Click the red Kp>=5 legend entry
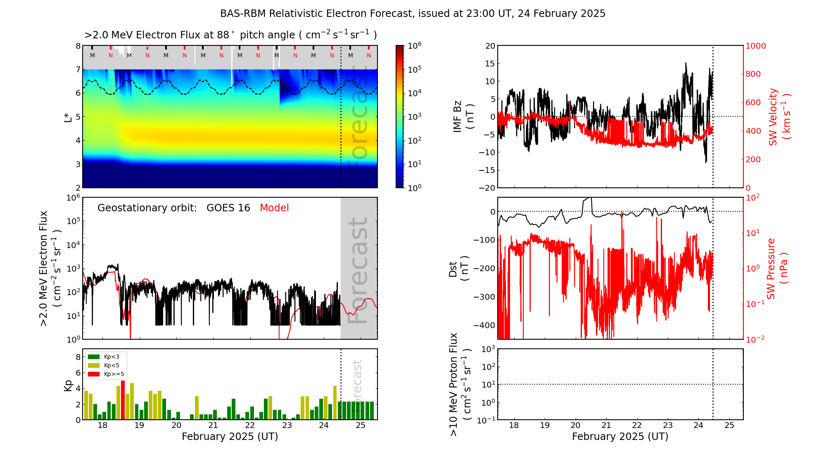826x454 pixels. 106,374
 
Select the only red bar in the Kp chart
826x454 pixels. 123,400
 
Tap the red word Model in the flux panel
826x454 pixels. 274,208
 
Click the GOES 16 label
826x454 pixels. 228,208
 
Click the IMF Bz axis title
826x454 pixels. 463,116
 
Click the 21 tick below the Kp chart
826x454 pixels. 213,426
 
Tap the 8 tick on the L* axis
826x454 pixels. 78,46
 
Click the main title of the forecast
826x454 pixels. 413,14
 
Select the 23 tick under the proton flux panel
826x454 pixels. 668,426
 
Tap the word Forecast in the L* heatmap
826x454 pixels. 358,120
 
